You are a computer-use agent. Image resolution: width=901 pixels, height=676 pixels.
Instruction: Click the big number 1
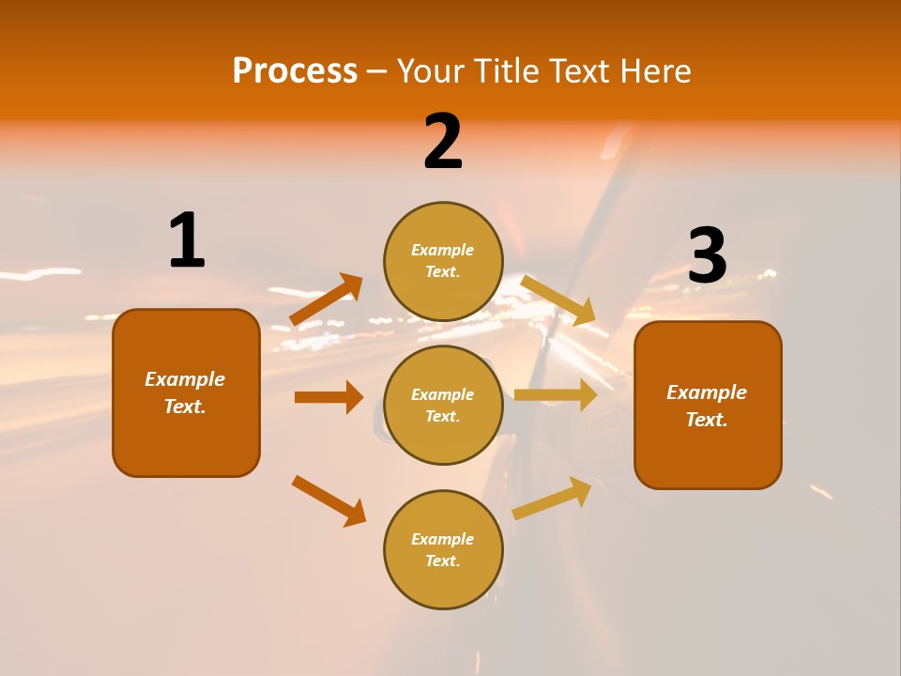coord(187,240)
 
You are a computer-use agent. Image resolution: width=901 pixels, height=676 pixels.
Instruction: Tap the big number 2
coord(443,142)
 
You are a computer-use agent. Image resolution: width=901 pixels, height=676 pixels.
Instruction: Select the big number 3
coord(708,255)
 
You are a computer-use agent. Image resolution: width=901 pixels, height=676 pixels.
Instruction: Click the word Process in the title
coord(295,70)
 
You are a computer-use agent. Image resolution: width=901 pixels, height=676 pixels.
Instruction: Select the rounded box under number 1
coord(186,392)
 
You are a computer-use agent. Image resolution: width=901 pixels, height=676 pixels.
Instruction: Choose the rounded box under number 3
coord(708,405)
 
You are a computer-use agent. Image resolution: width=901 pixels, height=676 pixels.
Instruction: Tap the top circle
coord(443,261)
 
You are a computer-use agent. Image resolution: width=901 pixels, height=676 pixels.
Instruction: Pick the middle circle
coord(443,405)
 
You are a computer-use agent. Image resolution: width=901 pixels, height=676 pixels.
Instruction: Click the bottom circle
coord(443,549)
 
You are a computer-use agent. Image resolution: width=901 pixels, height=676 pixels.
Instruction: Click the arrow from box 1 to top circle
coord(327,300)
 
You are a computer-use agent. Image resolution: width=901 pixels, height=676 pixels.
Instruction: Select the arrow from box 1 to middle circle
coord(328,397)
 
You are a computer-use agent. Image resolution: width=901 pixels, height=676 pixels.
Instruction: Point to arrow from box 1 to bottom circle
coord(328,500)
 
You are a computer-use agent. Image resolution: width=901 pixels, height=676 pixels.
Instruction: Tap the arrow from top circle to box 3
coord(558,300)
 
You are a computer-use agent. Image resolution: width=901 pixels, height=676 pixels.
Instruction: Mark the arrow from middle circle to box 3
coord(556,394)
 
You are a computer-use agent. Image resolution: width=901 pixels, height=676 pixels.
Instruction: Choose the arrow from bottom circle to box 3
coord(552,498)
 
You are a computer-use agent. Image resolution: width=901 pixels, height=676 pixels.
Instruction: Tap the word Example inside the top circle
coord(442,250)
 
